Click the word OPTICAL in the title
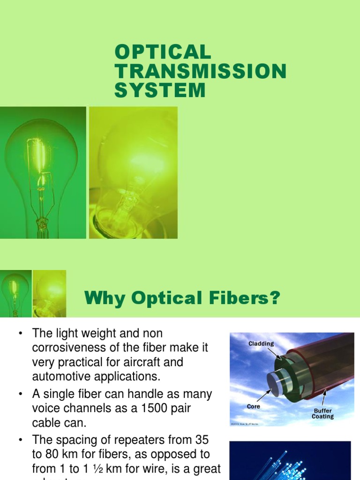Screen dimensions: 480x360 (163, 52)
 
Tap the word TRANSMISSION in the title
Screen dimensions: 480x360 (200, 71)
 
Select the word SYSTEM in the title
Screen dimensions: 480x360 (160, 90)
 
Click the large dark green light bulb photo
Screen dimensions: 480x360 (43, 172)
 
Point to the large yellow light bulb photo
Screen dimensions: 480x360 (133, 172)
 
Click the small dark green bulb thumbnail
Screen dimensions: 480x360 (15, 293)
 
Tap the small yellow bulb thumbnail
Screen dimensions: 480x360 (49, 293)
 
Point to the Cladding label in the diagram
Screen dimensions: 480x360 (262, 344)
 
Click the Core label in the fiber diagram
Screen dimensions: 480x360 (254, 406)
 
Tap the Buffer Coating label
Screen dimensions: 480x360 (322, 413)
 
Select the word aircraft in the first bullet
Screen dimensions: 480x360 (145, 362)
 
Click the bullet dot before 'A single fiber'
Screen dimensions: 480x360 (20, 394)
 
